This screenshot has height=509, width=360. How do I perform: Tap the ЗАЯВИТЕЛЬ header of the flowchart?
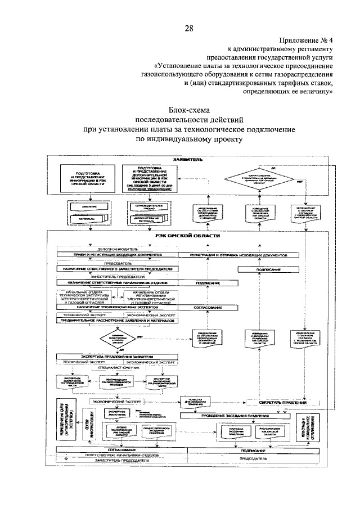[188, 159]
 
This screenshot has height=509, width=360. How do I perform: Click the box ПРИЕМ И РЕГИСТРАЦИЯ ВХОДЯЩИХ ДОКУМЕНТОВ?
[117, 255]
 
